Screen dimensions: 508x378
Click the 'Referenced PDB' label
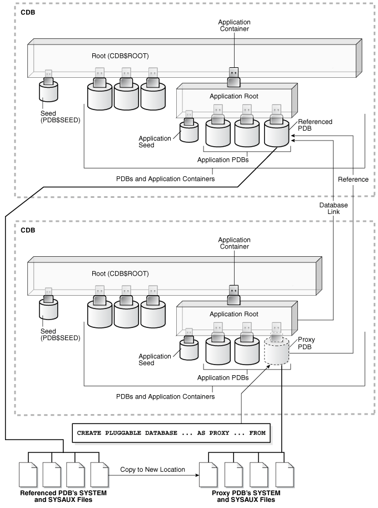(x=315, y=125)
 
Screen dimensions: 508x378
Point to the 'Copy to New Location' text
(x=152, y=470)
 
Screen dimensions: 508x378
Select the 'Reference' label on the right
(x=354, y=179)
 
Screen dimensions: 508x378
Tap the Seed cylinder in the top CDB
(x=48, y=93)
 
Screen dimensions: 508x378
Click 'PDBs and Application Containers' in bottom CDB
(x=165, y=396)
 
